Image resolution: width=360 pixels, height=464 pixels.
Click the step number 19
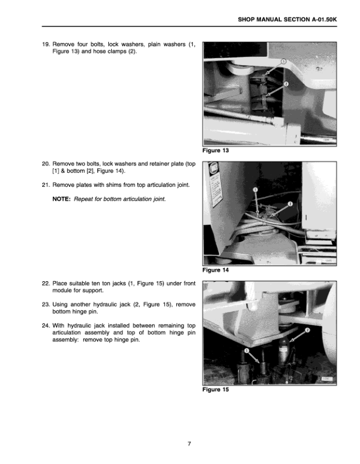click(x=46, y=45)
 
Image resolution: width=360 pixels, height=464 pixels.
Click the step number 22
click(x=46, y=283)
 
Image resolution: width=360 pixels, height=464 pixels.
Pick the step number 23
click(x=46, y=304)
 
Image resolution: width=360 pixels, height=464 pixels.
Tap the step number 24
click(x=46, y=325)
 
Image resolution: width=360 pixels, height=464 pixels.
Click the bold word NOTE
click(x=61, y=199)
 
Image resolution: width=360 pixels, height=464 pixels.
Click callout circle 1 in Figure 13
click(x=283, y=62)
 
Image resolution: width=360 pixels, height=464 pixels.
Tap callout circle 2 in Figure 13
click(x=286, y=84)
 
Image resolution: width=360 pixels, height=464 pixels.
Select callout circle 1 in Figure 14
click(x=255, y=190)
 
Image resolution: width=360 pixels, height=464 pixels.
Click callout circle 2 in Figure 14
click(x=290, y=204)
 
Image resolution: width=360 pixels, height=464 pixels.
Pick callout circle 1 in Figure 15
click(x=246, y=351)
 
